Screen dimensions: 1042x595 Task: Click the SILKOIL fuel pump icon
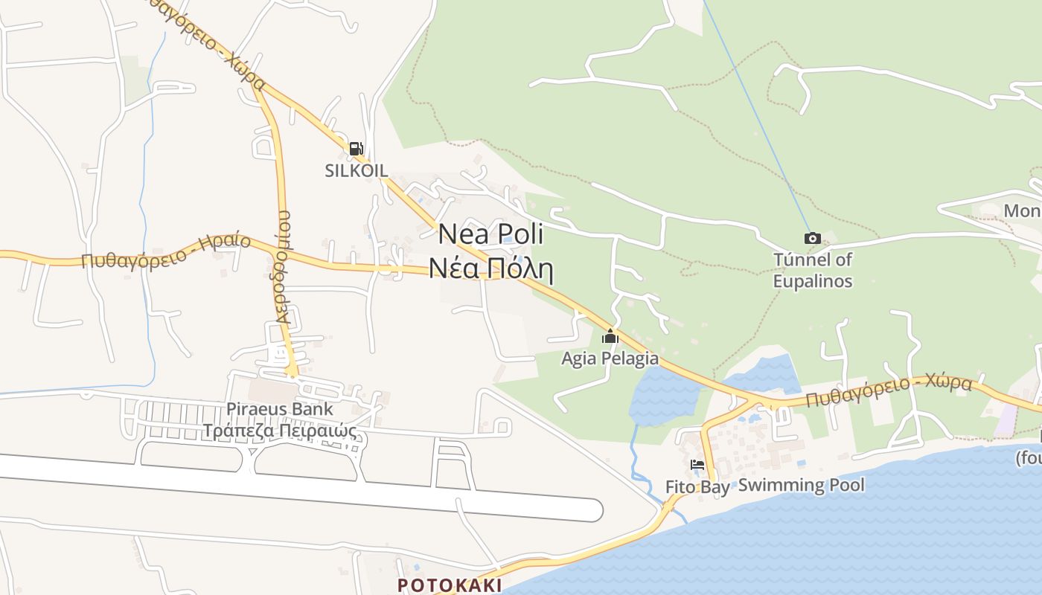point(357,149)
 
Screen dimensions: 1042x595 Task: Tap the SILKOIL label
point(357,170)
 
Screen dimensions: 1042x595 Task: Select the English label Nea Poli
point(490,234)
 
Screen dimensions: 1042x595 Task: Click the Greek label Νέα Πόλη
point(490,268)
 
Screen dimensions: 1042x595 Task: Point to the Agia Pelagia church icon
point(610,337)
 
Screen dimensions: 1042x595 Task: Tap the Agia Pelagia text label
point(610,358)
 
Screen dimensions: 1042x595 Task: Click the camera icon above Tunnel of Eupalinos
point(813,239)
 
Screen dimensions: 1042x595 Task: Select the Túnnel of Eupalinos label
point(813,270)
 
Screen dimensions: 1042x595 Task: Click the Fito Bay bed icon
point(697,466)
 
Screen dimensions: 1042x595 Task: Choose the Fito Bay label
point(697,487)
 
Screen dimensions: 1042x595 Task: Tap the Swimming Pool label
point(802,486)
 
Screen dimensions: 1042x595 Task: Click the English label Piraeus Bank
point(280,408)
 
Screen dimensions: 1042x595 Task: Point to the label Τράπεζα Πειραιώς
point(280,431)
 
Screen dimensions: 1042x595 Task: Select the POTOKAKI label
point(449,585)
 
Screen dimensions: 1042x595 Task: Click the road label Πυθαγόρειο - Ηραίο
point(166,252)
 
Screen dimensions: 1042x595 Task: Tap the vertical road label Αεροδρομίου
point(283,276)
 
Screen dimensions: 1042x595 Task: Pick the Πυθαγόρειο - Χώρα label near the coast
point(889,392)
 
